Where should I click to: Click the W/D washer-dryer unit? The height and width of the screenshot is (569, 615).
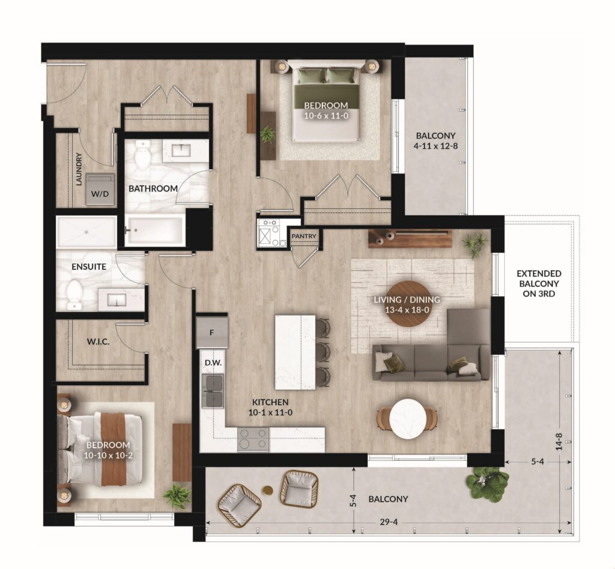tap(100, 190)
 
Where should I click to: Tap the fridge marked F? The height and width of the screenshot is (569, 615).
tap(212, 333)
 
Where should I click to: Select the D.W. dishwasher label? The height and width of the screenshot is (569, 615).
tap(213, 363)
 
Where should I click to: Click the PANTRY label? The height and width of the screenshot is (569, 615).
tap(304, 236)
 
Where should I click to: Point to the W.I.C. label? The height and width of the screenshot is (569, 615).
tap(98, 342)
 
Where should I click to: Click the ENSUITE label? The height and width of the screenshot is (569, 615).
tap(89, 267)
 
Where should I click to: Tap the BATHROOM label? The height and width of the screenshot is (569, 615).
tap(153, 188)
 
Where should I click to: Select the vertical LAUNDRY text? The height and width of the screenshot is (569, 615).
tap(79, 169)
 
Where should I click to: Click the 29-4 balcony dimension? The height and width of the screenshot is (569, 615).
tap(389, 522)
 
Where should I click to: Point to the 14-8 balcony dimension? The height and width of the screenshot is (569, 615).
tap(559, 441)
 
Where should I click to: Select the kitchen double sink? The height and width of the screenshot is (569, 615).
tap(213, 391)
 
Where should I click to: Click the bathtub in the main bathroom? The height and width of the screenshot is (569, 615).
tap(155, 230)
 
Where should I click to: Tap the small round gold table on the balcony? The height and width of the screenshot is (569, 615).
tap(268, 490)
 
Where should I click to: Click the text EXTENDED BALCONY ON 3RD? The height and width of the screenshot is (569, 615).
tap(539, 283)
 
